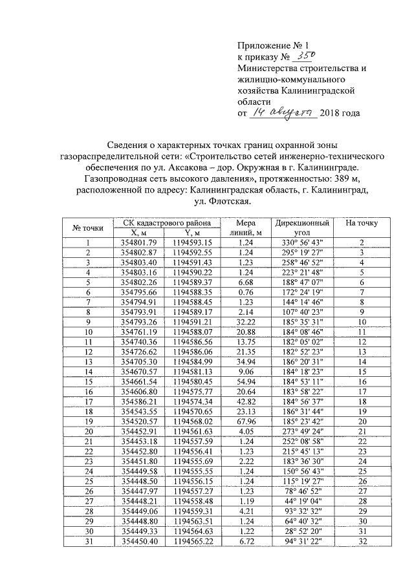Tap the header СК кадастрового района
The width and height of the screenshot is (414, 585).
coord(167,223)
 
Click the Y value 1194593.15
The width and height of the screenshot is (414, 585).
coord(193,242)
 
